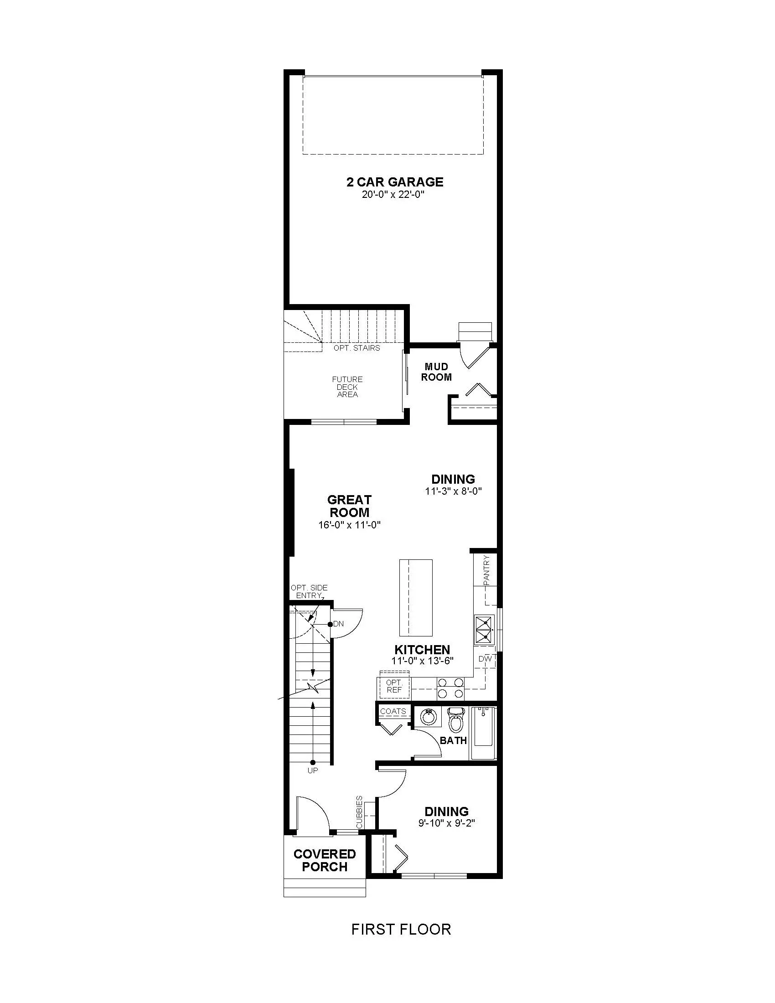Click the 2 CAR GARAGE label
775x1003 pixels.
click(394, 182)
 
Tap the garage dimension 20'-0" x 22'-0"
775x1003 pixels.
click(393, 195)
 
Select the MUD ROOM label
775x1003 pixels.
click(436, 372)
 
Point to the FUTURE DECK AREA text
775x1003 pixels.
click(347, 387)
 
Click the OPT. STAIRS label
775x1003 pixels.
click(357, 348)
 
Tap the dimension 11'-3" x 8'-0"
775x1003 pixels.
click(453, 491)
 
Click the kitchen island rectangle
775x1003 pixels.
click(416, 598)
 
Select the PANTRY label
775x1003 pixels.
click(487, 570)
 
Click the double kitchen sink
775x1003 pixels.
click(485, 631)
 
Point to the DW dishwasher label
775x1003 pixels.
click(486, 659)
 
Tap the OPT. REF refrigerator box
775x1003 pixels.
click(394, 687)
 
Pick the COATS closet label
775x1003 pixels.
click(393, 711)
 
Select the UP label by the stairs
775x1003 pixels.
click(313, 770)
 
